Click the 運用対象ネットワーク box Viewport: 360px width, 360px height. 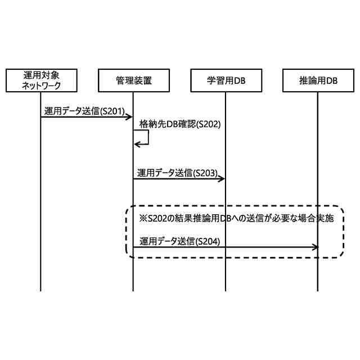[x=40, y=80]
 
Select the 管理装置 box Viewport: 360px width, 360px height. [x=133, y=80]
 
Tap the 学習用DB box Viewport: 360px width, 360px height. [x=226, y=80]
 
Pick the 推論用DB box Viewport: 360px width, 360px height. [x=318, y=80]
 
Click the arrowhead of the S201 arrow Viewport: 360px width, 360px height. [x=129, y=117]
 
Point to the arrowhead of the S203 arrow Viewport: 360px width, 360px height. [x=222, y=179]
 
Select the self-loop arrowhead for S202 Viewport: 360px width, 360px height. [x=137, y=144]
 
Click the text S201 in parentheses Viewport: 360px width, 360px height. [x=112, y=111]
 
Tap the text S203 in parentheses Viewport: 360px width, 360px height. [x=205, y=173]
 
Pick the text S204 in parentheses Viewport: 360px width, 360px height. [x=205, y=241]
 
